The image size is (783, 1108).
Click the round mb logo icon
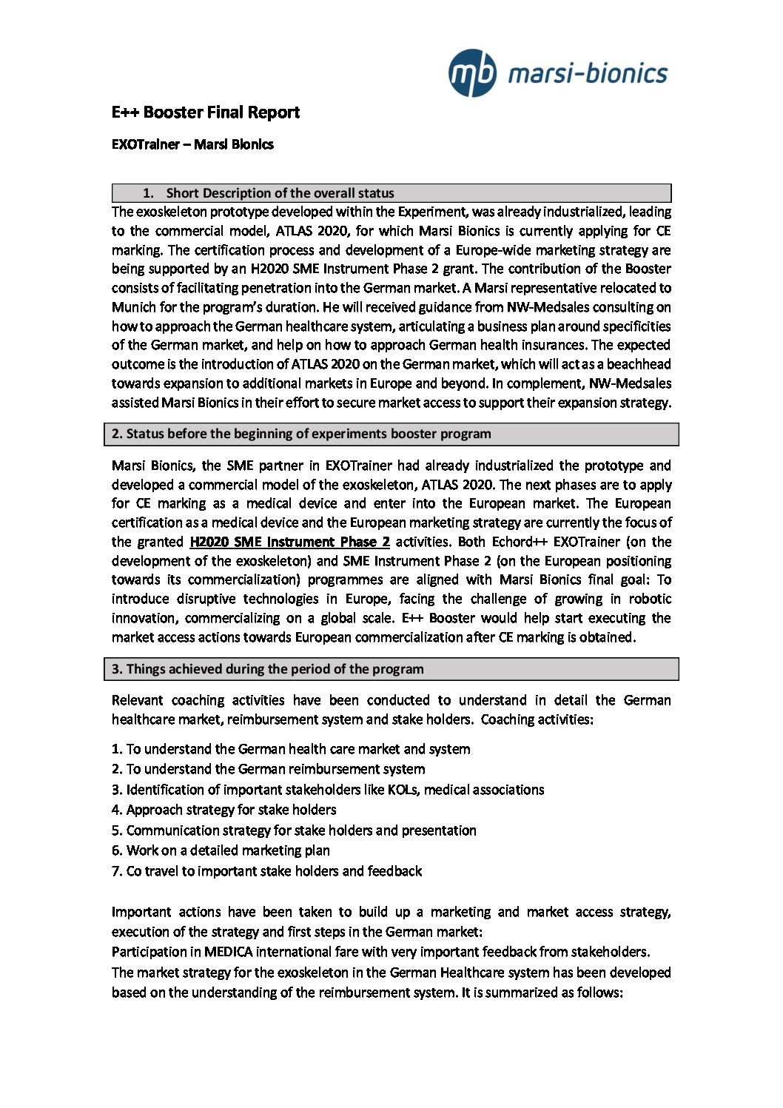click(x=472, y=73)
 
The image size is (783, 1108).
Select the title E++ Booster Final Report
click(x=206, y=113)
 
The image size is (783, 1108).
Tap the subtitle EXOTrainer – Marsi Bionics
click(x=192, y=144)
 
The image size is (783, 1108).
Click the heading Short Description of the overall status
click(x=280, y=193)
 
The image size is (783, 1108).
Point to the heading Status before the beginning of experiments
click(x=301, y=434)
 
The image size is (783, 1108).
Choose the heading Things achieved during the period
click(x=268, y=669)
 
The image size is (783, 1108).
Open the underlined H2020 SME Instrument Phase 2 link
click(x=289, y=542)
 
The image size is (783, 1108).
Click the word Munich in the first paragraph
click(x=133, y=307)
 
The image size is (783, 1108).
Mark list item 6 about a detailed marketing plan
click(x=221, y=850)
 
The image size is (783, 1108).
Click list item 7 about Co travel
click(x=266, y=871)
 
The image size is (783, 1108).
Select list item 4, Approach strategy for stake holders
click(x=224, y=810)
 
